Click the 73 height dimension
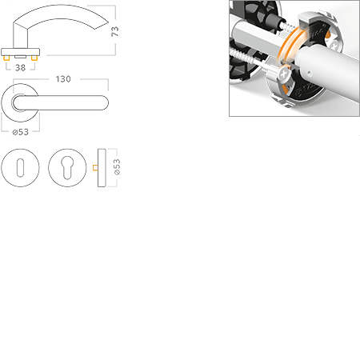pos(114,31)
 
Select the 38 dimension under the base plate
pos(21,68)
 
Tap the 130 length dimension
pos(63,79)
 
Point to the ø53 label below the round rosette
pos(21,132)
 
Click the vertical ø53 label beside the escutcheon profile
pos(117,167)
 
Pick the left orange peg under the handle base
pos(6,58)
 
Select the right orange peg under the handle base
pos(34,58)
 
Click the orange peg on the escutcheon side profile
pos(95,168)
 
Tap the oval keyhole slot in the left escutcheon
pos(20,168)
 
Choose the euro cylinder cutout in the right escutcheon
pos(67,167)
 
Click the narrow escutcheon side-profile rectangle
pos(102,168)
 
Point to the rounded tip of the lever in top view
pos(106,102)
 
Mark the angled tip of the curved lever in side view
pos(102,25)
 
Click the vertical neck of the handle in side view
pos(21,37)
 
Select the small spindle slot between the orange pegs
pos(20,57)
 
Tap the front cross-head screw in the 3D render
pos(283,74)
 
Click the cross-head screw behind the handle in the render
pos(334,44)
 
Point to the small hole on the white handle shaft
pos(309,72)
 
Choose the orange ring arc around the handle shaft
pos(288,43)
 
